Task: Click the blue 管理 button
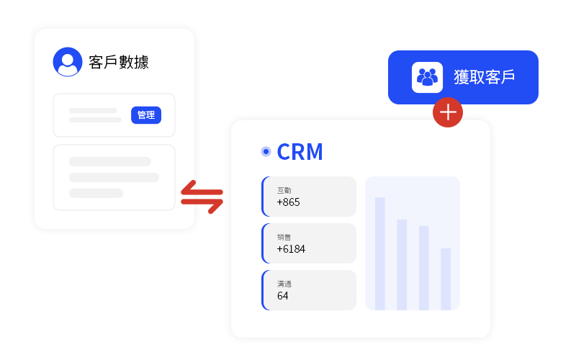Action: pos(146,115)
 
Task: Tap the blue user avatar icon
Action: pos(68,62)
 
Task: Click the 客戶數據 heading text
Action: pos(119,62)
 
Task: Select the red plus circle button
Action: pos(448,112)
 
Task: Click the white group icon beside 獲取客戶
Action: pos(427,77)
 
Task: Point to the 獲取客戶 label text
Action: pos(484,77)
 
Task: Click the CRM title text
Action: pos(300,152)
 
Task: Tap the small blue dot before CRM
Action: pos(266,151)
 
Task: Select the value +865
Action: pos(288,202)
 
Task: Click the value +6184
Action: pos(291,249)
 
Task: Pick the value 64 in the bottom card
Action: pos(282,296)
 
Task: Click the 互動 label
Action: pos(284,191)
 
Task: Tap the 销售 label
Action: pos(284,238)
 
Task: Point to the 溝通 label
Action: pos(284,284)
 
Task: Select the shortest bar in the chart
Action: pos(446,279)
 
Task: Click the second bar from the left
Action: pos(402,264)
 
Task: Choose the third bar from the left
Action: pos(424,268)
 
